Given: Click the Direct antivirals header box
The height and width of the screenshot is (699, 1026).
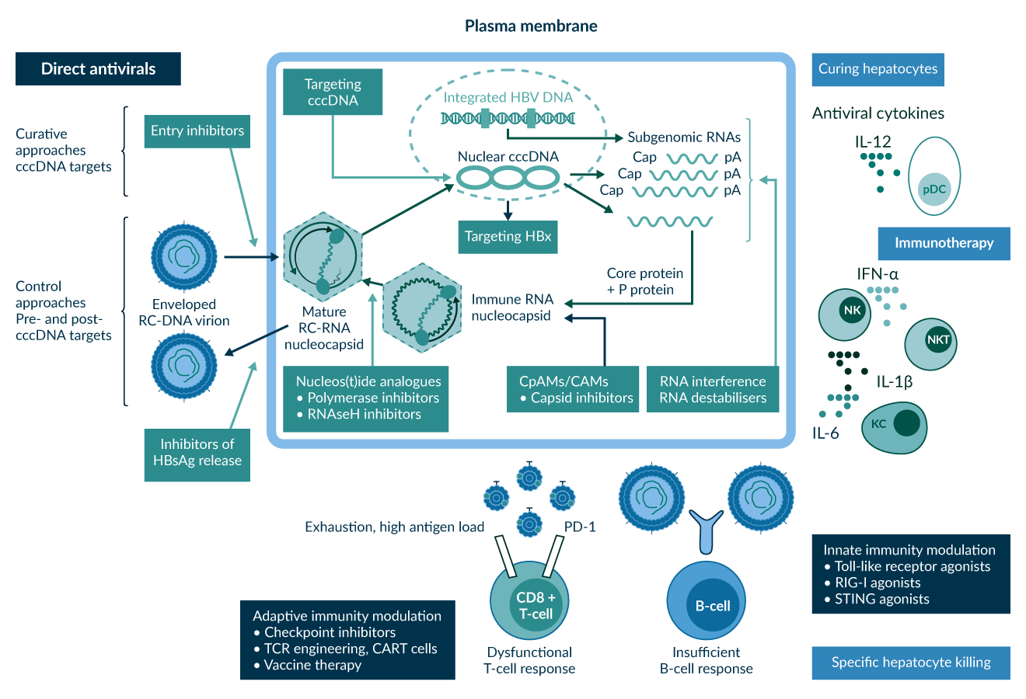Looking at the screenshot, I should [x=98, y=69].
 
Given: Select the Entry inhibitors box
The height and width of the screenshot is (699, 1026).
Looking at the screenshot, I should [x=197, y=131].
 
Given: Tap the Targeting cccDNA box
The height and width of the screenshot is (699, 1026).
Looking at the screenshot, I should [x=333, y=92].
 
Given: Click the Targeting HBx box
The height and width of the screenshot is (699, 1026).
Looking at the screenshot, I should [x=508, y=237].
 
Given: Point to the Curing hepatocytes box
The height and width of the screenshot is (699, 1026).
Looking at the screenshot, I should [x=878, y=69].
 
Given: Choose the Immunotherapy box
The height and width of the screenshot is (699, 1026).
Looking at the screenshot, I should [x=944, y=243].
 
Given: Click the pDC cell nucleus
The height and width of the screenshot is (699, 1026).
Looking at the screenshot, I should [x=934, y=190].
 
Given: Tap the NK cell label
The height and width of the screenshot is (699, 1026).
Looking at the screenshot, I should [x=852, y=311].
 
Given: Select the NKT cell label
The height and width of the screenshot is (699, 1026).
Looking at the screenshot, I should [x=938, y=339].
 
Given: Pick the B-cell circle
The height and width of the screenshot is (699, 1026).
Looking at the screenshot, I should [x=712, y=606].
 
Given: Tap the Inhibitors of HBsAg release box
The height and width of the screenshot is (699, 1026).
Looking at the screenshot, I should [x=197, y=452].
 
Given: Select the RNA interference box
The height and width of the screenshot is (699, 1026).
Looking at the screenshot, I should [x=713, y=390].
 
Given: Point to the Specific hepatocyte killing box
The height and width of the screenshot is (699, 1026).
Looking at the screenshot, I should [x=911, y=662].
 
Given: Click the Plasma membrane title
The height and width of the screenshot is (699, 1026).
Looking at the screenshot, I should [x=531, y=26].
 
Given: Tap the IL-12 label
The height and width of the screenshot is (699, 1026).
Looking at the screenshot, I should [x=872, y=142].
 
